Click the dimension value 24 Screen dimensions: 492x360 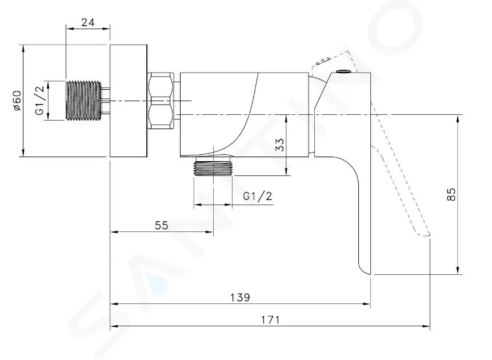pos(88,22)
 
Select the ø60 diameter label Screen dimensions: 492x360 pos(17,101)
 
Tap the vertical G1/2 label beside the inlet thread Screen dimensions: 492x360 pos(40,101)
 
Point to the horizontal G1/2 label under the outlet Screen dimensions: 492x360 pos(258,196)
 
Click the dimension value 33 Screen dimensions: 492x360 pos(280,145)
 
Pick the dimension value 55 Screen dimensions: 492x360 pos(162,225)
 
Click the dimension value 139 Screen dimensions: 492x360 pos(240,297)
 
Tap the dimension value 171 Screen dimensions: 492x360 pos(270,320)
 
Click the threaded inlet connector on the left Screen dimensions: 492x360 pos(84,101)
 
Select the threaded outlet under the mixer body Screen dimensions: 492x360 pos(213,166)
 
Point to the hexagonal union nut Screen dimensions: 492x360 pos(161,101)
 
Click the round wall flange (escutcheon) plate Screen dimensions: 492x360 pos(129,101)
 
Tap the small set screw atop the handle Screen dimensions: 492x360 pos(343,71)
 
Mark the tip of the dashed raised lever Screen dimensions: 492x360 pos(429,234)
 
